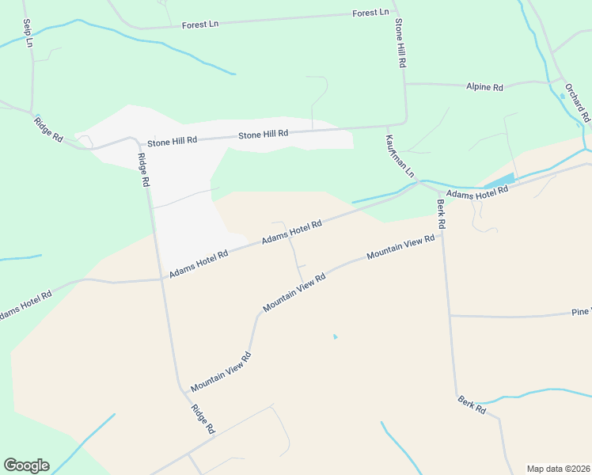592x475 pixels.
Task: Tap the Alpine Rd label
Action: (x=484, y=87)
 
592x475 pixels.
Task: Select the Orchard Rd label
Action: (x=578, y=101)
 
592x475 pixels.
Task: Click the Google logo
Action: (x=26, y=465)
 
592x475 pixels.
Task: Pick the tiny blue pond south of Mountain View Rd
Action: (x=335, y=337)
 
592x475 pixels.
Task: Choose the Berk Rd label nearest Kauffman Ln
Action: (x=441, y=213)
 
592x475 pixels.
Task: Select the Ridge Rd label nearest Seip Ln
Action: (x=48, y=129)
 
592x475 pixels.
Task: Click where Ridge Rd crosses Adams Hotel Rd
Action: (x=162, y=278)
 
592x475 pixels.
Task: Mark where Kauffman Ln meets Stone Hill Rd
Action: (x=388, y=125)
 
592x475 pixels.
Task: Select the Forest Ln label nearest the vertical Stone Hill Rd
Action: (x=371, y=13)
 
